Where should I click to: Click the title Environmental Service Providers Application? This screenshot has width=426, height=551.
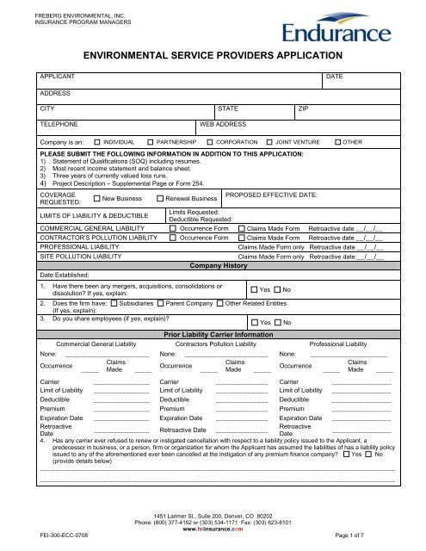[x=213, y=53]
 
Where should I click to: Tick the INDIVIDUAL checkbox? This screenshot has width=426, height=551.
[x=96, y=139]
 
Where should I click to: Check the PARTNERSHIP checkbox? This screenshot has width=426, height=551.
[x=151, y=139]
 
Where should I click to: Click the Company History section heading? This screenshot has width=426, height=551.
[x=213, y=267]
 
